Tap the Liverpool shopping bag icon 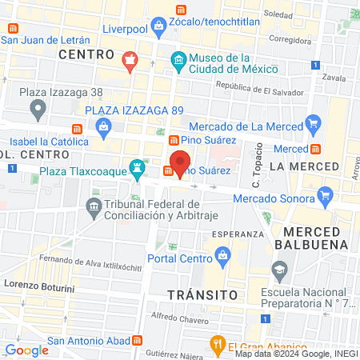pyautogui.click(x=159, y=26)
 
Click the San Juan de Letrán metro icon pyautogui.click(x=12, y=26)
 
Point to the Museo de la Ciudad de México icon pyautogui.click(x=178, y=60)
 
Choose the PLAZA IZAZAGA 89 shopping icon pyautogui.click(x=104, y=126)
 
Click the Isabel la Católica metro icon pyautogui.click(x=78, y=129)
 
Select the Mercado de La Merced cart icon pyautogui.click(x=313, y=125)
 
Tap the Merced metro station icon pyautogui.click(x=316, y=149)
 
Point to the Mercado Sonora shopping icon pyautogui.click(x=325, y=194)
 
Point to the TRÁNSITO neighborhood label pyautogui.click(x=202, y=294)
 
